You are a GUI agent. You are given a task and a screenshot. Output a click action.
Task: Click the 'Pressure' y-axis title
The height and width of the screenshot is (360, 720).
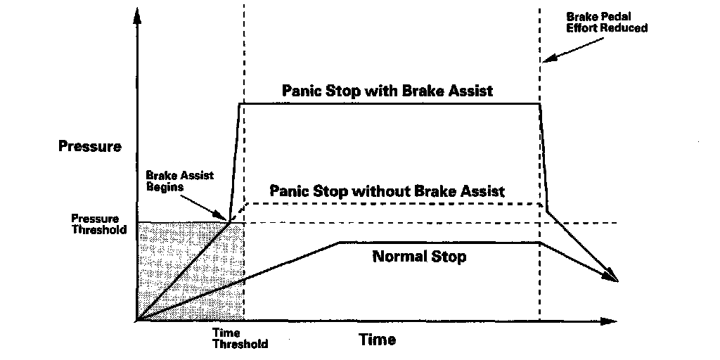[x=91, y=147]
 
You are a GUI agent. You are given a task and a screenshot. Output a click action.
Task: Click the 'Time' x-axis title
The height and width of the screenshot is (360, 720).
[x=378, y=340]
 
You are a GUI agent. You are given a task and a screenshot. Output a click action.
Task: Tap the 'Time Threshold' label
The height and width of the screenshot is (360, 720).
[x=240, y=338]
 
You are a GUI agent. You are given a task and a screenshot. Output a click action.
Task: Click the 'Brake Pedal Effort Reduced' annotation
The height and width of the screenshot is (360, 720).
[x=607, y=22]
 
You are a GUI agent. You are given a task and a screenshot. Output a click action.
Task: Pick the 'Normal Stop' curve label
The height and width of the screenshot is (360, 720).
[x=419, y=257]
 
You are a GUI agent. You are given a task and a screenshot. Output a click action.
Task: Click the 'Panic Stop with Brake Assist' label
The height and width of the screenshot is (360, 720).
[x=387, y=91]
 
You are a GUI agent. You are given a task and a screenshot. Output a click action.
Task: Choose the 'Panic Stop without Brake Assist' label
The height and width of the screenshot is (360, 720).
[x=387, y=191]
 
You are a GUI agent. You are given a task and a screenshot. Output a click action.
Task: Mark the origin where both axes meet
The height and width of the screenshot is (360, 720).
[x=137, y=321]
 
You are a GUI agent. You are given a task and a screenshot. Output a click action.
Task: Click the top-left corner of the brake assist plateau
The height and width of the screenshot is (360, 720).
[x=240, y=104]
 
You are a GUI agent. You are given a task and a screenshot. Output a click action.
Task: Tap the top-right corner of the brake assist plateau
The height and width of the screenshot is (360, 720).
[x=540, y=104]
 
